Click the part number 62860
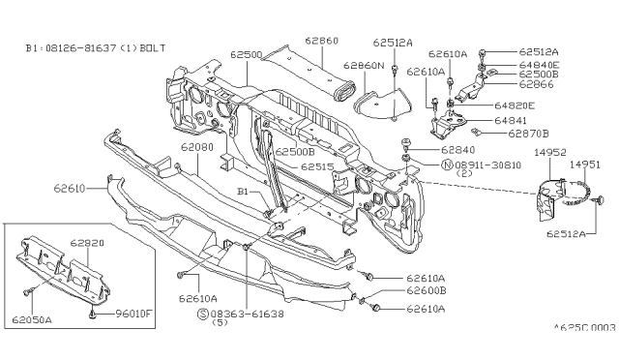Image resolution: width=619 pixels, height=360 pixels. [x=322, y=41]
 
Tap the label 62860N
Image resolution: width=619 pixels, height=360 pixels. [x=364, y=65]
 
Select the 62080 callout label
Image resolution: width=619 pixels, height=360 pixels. [x=197, y=147]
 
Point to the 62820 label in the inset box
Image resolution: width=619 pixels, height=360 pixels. [x=87, y=243]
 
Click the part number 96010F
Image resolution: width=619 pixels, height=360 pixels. [x=133, y=314]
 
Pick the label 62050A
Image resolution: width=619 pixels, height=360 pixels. [x=32, y=319]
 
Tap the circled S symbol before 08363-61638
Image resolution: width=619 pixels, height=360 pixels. [x=202, y=315]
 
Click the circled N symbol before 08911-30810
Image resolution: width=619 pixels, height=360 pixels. [x=447, y=165]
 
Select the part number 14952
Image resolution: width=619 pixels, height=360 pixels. [x=550, y=152]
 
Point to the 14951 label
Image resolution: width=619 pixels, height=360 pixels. [x=584, y=165]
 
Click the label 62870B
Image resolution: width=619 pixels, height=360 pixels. [x=528, y=134]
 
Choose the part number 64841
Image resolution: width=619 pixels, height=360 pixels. [x=511, y=121]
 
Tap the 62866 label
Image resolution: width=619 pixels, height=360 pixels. [x=536, y=84]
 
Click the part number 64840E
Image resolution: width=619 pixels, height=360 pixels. [x=539, y=65]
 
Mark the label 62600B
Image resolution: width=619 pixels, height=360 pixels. [x=427, y=290]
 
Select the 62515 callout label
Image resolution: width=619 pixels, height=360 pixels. [x=317, y=166]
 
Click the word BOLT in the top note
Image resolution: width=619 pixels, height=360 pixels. [x=153, y=48]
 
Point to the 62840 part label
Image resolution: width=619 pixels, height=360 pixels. [x=457, y=150]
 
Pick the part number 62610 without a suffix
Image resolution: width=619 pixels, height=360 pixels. [x=70, y=189]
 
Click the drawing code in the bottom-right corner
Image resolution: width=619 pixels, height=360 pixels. [x=584, y=328]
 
